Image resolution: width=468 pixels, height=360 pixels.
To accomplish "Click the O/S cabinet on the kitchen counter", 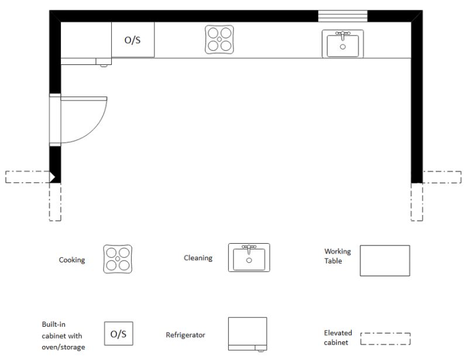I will [133, 40].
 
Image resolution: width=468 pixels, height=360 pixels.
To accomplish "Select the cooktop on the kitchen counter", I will [220, 40].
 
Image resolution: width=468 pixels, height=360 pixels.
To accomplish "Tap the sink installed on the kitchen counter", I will [342, 44].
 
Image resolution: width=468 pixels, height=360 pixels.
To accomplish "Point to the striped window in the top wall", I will [342, 16].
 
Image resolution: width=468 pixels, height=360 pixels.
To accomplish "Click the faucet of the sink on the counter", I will [342, 34].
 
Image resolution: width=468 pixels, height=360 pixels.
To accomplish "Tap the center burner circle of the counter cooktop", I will [220, 40].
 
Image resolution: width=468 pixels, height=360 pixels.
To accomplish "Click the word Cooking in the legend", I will [72, 260].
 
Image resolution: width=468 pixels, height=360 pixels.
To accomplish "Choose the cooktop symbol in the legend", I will [118, 259].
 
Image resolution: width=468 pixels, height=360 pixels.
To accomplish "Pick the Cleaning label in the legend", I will [198, 258].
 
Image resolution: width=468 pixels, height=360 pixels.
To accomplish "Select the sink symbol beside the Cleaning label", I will [249, 258].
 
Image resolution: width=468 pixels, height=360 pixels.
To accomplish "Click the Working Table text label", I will [338, 256].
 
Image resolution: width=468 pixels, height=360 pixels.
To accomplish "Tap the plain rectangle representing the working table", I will [384, 261].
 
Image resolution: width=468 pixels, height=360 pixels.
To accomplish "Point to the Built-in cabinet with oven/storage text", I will [62, 336].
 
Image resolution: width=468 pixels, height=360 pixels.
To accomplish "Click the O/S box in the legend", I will [118, 335].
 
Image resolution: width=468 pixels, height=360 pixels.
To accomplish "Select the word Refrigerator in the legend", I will [185, 335].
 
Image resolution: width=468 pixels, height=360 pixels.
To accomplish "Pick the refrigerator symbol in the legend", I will [247, 335].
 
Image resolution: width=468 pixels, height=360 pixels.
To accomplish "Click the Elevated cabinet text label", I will [338, 337].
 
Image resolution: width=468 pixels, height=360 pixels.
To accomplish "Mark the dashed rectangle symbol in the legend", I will [385, 338].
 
